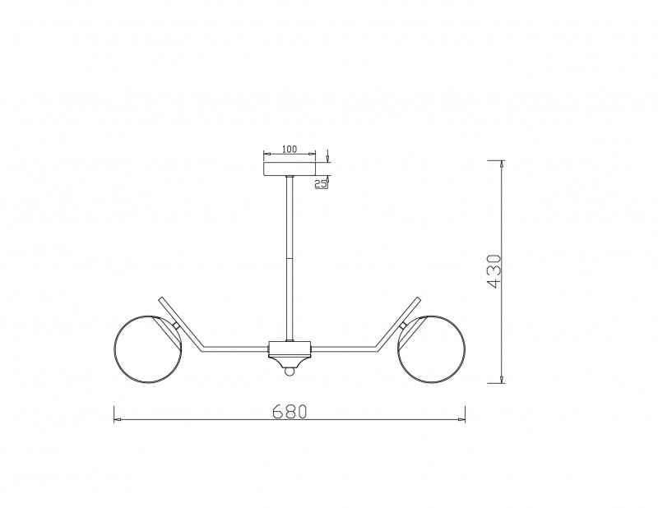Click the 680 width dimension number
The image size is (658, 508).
[x=290, y=412]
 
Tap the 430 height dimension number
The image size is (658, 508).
[x=494, y=271]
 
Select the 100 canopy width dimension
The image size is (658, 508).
[x=290, y=149]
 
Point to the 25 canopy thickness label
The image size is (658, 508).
[x=321, y=183]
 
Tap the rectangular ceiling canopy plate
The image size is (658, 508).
[x=290, y=169]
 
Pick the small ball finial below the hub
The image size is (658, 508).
[x=290, y=372]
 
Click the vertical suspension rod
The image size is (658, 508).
[x=290, y=258]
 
